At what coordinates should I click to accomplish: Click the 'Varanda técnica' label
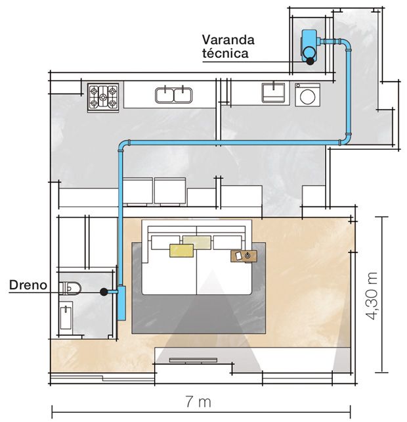pos(228,47)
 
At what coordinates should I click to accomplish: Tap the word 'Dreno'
pos(28,285)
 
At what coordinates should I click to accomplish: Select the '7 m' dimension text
pos(198,402)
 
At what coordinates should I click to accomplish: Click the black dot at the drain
pos(104,292)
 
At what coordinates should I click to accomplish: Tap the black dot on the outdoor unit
pos(311,61)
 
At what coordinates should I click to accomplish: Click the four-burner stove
pos(103,97)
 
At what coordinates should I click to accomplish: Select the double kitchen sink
pos(174,95)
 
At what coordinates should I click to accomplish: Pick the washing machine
pos(307,95)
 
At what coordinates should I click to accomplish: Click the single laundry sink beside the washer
pos(273,93)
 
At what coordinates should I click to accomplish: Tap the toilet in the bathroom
pos(70,288)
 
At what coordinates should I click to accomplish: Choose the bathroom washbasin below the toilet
pos(66,315)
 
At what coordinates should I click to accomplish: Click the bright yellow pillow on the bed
pos(181,250)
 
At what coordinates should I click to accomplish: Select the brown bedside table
pos(244,256)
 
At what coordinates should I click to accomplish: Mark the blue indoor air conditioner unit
pos(122,303)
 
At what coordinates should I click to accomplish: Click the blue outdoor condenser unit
pos(309,45)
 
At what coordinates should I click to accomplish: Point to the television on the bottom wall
pos(193,360)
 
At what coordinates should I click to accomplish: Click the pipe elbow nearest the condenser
pos(346,44)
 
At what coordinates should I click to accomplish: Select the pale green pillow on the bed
pos(198,241)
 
